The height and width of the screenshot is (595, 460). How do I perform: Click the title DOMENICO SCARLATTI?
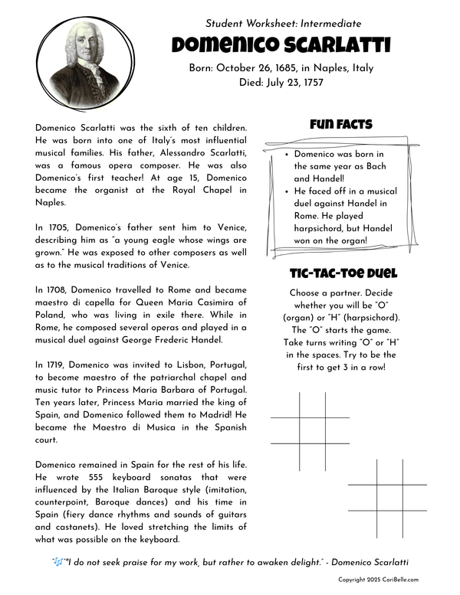pos(282,46)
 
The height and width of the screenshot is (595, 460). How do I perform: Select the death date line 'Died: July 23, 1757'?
pos(282,83)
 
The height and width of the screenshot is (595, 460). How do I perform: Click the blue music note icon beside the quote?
pos(57,562)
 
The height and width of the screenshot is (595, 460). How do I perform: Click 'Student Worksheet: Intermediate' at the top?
pos(282,25)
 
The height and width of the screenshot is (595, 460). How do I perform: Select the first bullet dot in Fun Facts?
pos(286,155)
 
